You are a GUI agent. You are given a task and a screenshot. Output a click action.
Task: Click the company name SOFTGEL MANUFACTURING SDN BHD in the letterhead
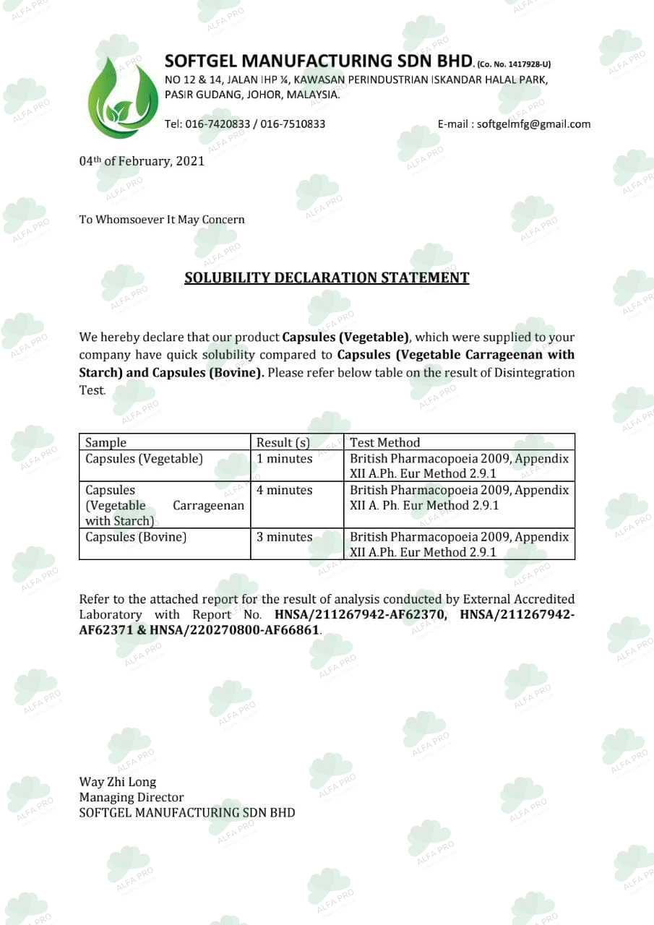[319, 60]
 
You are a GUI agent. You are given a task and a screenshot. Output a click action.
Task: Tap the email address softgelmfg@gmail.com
[533, 124]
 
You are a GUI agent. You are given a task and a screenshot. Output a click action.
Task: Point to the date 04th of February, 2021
[142, 161]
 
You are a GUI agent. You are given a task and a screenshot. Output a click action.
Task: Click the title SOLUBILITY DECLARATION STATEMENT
[327, 277]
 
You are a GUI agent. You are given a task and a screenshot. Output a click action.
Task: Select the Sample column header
[106, 442]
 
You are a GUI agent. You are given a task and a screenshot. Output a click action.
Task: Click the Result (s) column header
[283, 442]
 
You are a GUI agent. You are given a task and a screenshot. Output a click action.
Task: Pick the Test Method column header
[384, 442]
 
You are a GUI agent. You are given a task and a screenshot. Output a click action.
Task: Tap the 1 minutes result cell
[285, 459]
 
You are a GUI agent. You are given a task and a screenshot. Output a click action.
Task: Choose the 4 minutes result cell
[285, 490]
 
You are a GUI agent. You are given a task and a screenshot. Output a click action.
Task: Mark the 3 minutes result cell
[285, 537]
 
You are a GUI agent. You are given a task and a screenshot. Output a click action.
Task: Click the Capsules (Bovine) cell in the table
[136, 537]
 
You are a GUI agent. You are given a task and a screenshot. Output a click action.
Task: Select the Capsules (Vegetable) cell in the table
[144, 459]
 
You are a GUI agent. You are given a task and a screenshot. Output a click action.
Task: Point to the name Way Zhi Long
[117, 782]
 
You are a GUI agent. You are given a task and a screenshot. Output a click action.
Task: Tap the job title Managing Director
[131, 797]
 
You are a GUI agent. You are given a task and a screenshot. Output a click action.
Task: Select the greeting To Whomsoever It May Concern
[162, 220]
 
